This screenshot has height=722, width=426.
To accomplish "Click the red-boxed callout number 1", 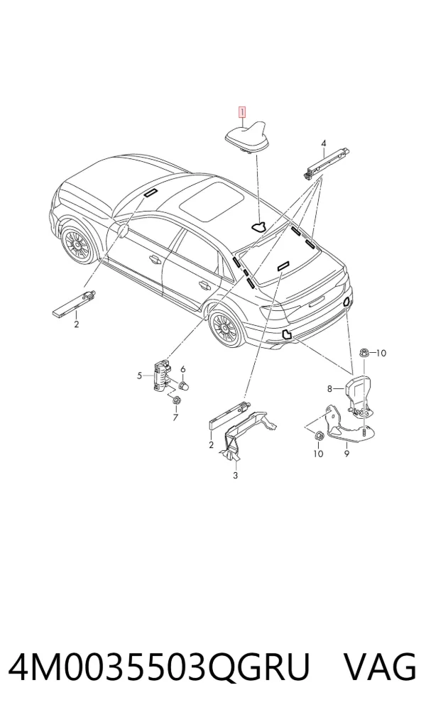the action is pyautogui.click(x=242, y=112).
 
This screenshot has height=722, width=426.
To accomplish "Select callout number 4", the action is pyautogui.click(x=324, y=144).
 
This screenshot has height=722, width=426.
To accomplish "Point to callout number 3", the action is pyautogui.click(x=235, y=475).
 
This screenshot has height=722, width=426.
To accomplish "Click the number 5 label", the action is pyautogui.click(x=140, y=376).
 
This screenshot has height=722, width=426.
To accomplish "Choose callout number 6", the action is pyautogui.click(x=182, y=369).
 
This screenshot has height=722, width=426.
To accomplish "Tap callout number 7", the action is pyautogui.click(x=175, y=417).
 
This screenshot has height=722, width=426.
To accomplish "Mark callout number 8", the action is pyautogui.click(x=329, y=389).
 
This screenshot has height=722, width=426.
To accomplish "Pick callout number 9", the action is pyautogui.click(x=346, y=454).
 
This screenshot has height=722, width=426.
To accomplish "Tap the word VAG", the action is pyautogui.click(x=380, y=667).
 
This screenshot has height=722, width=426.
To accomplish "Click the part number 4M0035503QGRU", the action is pyautogui.click(x=159, y=667).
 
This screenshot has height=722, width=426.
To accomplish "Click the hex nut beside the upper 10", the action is pyautogui.click(x=363, y=353).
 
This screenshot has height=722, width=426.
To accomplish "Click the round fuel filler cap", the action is pyautogui.click(x=124, y=231).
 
